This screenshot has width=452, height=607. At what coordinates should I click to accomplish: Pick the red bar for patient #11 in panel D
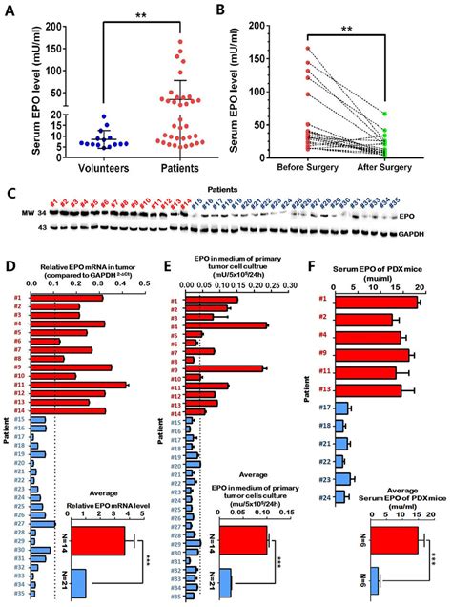pos(79,385)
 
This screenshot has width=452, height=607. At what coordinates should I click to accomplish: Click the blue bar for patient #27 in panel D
pos(43,522)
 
